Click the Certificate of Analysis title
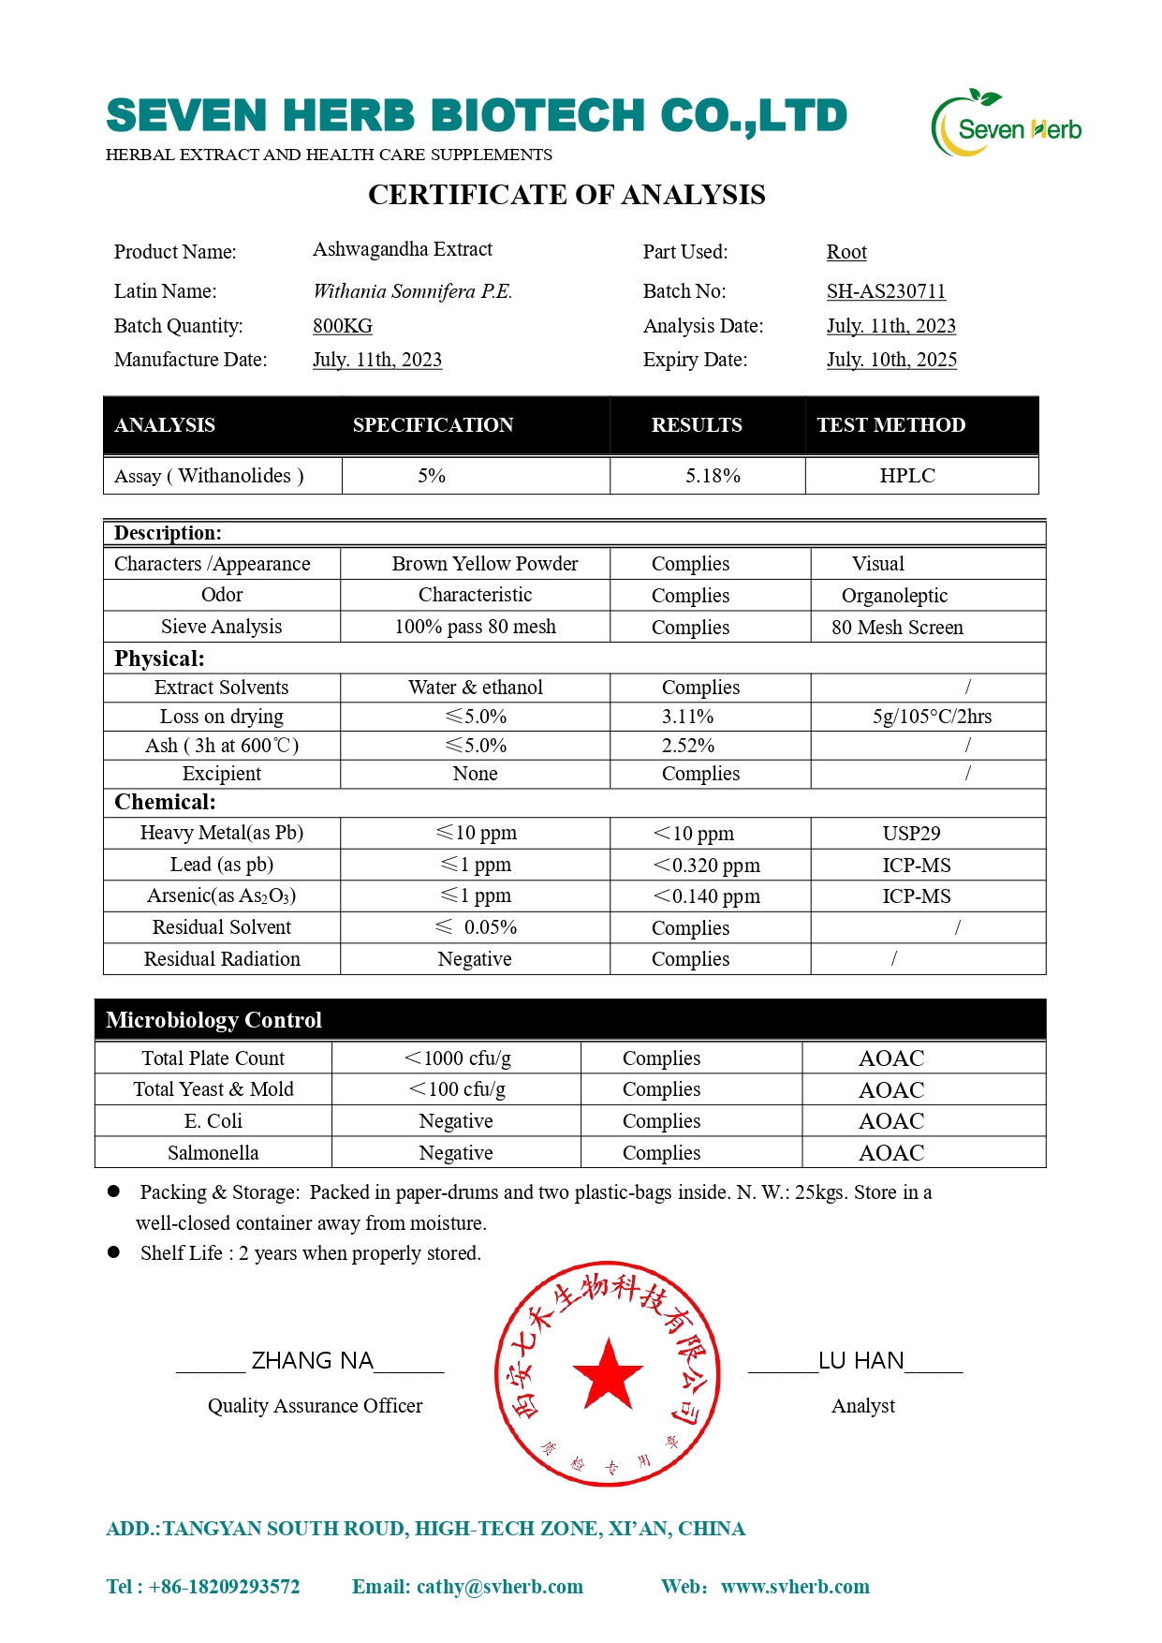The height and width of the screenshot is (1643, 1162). [x=566, y=195]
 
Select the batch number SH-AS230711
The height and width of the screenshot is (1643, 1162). [x=886, y=291]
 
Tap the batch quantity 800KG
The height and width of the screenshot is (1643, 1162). [x=343, y=326]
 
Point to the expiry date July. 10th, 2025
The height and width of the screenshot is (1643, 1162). [x=891, y=360]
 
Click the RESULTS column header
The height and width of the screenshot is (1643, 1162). [x=697, y=425]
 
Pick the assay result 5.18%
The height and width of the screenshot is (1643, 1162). [x=713, y=476]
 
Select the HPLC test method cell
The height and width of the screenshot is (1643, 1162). [x=907, y=476]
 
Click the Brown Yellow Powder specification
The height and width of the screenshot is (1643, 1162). [x=485, y=564]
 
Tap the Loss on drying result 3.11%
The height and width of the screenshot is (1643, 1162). [x=687, y=717]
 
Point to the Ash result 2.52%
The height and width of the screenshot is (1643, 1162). [x=687, y=746]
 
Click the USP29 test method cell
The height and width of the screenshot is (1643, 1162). [x=911, y=834]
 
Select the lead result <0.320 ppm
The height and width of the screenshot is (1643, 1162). [x=707, y=866]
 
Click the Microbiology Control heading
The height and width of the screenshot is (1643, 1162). [x=213, y=1020]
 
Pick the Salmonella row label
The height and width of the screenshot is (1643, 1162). [x=213, y=1153]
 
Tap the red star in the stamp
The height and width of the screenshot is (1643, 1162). [x=608, y=1374]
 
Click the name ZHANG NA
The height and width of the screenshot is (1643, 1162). [x=313, y=1361]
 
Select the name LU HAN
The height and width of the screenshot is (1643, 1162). [x=861, y=1361]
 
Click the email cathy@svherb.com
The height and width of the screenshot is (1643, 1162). [x=499, y=1587]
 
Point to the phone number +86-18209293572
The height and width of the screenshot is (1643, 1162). [x=224, y=1587]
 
